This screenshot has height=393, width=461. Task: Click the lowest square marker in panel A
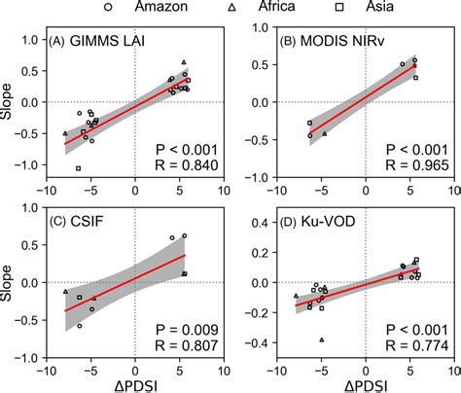79,168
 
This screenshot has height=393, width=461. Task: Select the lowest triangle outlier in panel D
322,339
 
